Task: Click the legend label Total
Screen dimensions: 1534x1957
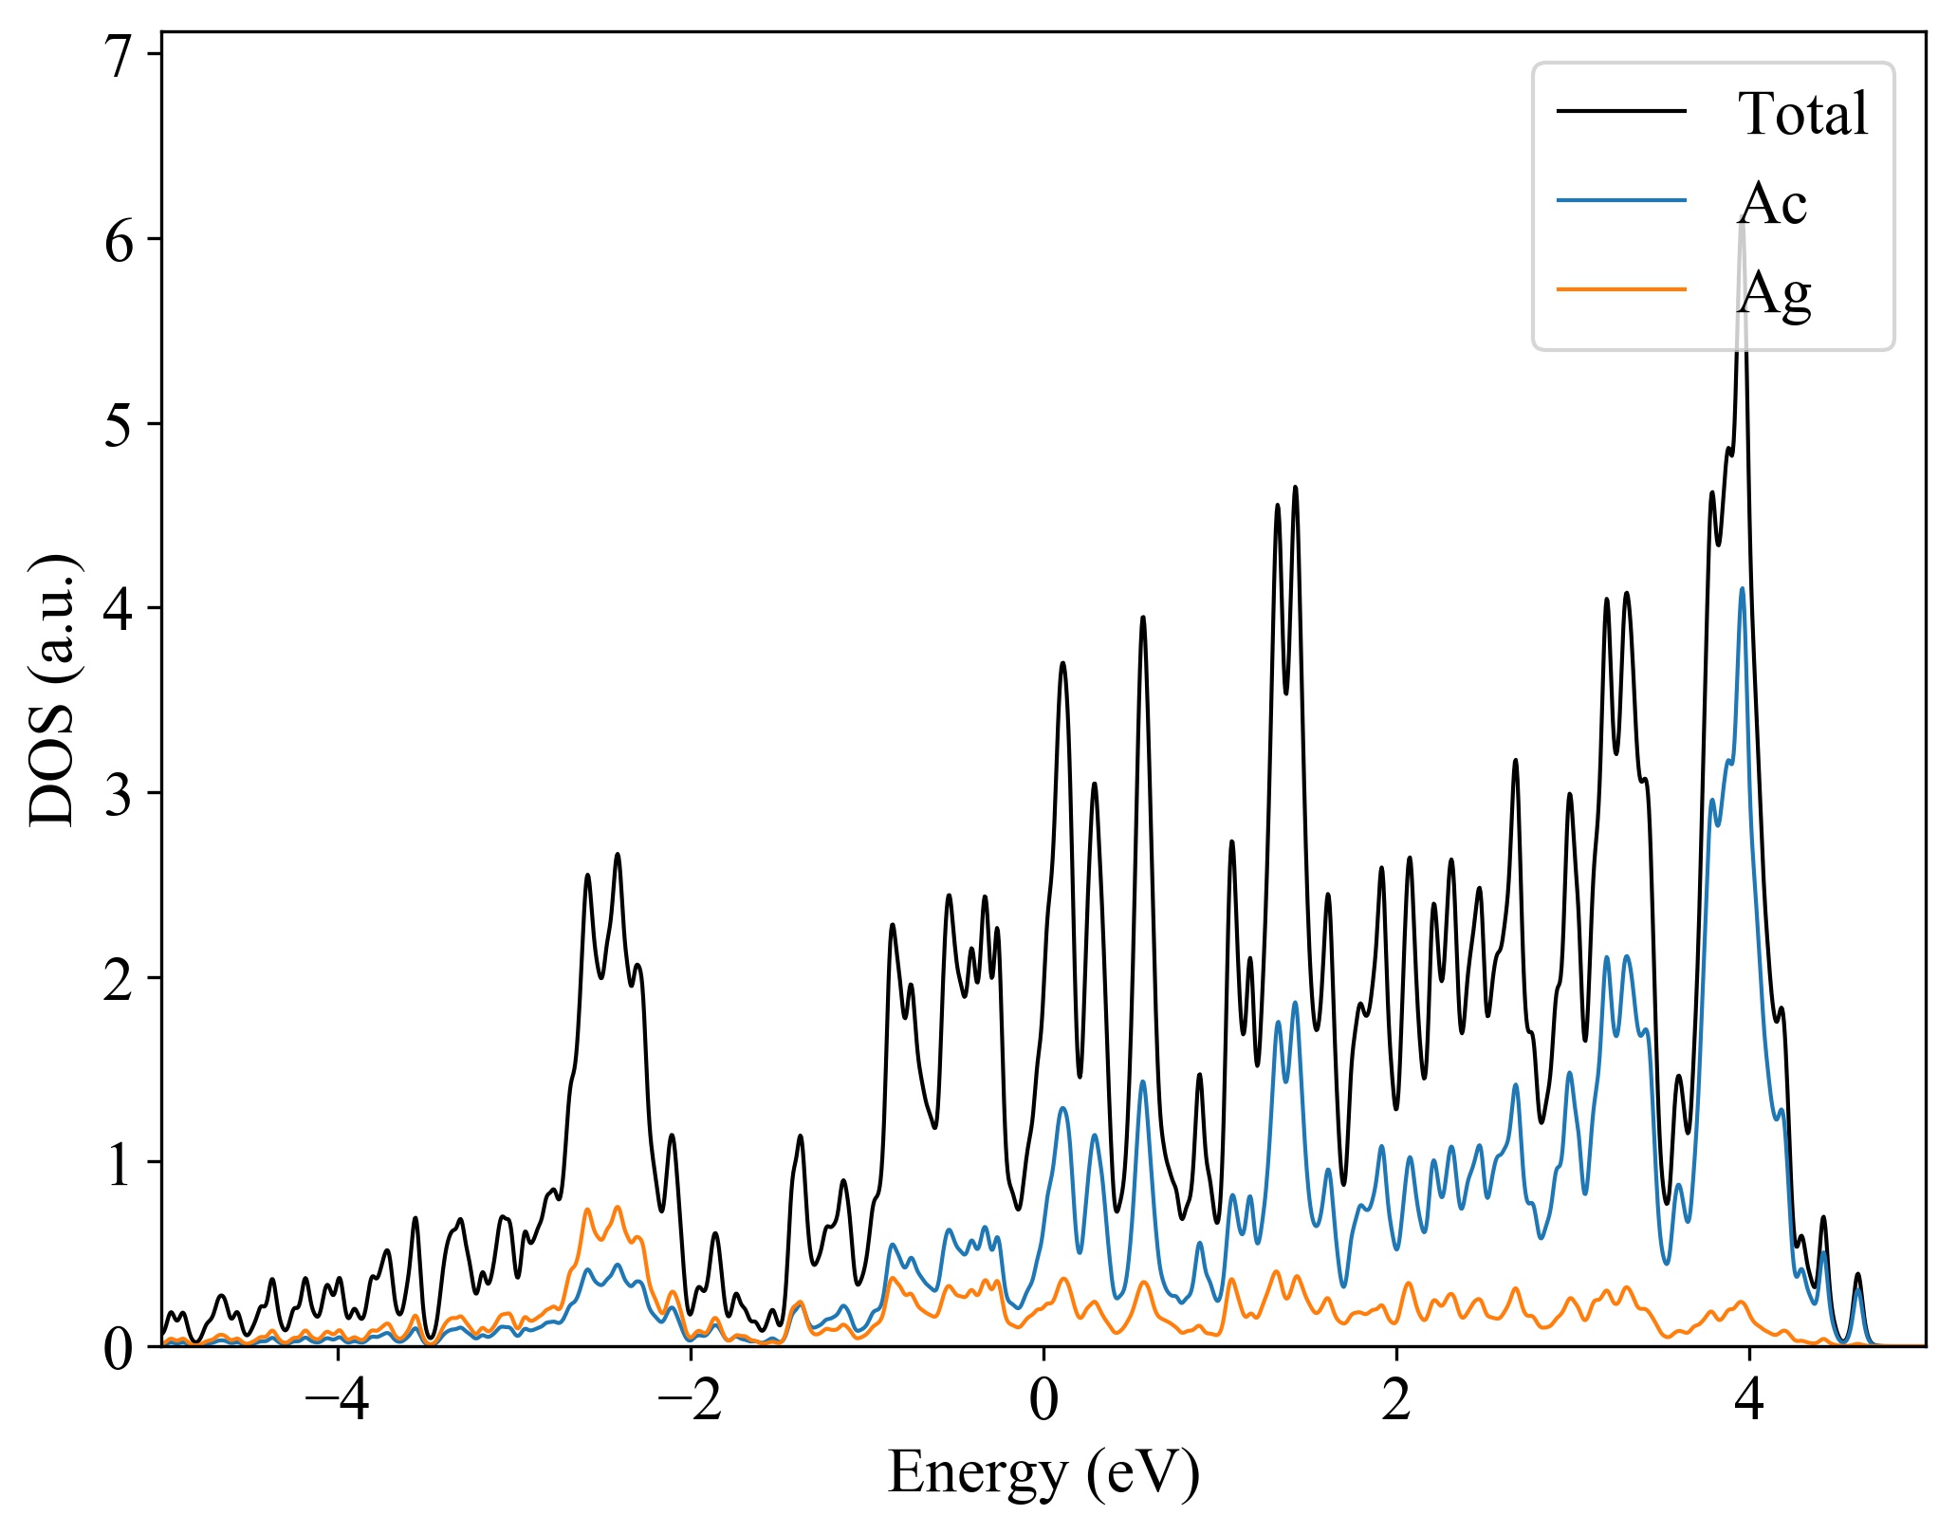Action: click(x=1802, y=114)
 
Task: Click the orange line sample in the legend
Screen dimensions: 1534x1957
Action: click(x=1621, y=288)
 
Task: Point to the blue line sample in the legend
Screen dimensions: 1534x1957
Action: click(x=1621, y=200)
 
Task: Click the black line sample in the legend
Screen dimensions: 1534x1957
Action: click(x=1621, y=111)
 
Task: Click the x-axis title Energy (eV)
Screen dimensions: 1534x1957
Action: click(x=1043, y=1473)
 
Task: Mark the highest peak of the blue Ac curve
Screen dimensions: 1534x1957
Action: click(x=1743, y=589)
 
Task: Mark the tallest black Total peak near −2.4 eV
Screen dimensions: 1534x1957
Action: click(x=618, y=855)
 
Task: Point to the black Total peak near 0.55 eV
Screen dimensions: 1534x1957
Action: click(x=1143, y=618)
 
